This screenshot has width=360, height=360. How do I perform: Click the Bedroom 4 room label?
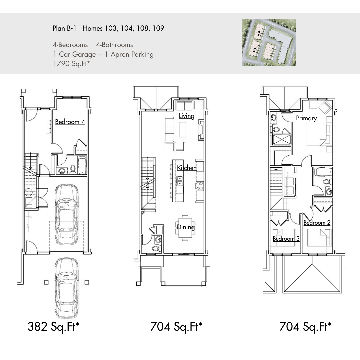(70, 122)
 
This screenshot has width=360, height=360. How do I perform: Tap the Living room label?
(186, 116)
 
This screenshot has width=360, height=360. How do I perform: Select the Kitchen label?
(187, 168)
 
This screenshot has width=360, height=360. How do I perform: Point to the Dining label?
(186, 227)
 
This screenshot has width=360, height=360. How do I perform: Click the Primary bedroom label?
(307, 118)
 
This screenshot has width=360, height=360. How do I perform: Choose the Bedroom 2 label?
(317, 222)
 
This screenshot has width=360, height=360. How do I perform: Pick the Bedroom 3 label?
(286, 239)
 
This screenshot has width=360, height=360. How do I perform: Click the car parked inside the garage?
(67, 214)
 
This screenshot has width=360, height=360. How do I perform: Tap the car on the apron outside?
(67, 288)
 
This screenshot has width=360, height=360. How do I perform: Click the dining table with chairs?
(185, 228)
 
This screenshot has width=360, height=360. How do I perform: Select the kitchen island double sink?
(179, 181)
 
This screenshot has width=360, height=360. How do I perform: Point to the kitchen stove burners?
(200, 186)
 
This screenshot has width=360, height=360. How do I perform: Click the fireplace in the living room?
(201, 130)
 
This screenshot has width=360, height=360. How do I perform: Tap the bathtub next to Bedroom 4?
(82, 165)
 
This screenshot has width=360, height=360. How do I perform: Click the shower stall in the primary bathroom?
(282, 139)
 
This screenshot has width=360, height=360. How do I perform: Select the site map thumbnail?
(269, 43)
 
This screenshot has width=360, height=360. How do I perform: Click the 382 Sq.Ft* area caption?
(53, 327)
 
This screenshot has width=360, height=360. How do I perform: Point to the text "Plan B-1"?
(64, 28)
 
